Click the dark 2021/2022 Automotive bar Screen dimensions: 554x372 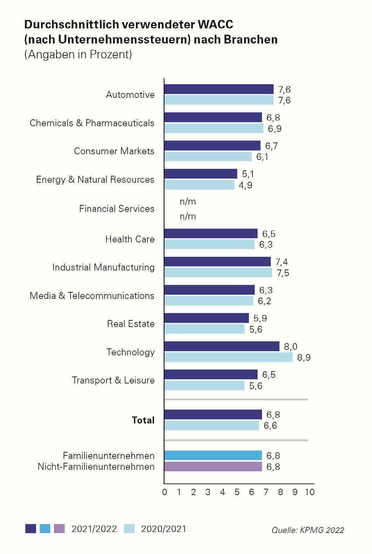219,89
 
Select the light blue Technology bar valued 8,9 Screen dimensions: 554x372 228,357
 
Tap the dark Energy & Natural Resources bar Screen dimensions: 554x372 201,174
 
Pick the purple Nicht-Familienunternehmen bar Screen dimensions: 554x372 213,467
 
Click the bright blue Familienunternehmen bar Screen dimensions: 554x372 213,455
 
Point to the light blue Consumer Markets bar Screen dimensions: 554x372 208,156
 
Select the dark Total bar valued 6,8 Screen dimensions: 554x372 213,414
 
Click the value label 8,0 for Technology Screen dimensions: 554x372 290,347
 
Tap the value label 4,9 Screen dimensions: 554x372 246,185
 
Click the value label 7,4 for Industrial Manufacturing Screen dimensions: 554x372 282,262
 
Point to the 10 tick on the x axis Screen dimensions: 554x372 310,492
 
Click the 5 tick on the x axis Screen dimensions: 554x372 237,492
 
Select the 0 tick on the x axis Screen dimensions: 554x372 165,492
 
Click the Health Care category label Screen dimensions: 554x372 130,239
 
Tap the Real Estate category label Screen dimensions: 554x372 131,323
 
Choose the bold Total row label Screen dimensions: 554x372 143,420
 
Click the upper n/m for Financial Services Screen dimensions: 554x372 188,201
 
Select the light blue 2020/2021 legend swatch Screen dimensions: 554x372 129,529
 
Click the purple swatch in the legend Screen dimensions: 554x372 59,529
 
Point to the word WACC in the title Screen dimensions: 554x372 215,25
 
